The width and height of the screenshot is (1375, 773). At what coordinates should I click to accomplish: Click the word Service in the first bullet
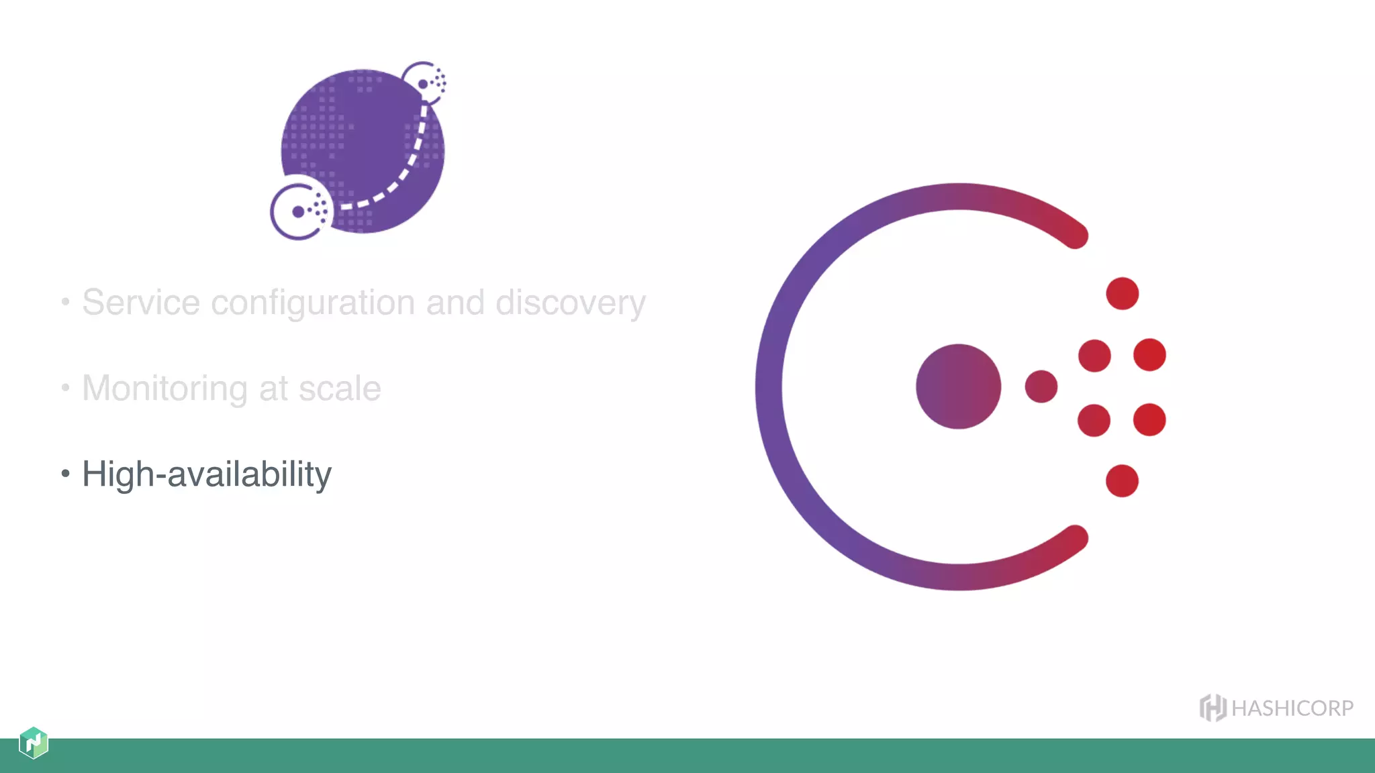[141, 303]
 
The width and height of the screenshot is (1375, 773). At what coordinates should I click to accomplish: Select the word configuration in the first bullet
[313, 303]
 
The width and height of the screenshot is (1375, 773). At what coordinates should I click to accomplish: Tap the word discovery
[570, 303]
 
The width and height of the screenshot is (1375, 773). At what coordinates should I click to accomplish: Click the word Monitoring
[164, 389]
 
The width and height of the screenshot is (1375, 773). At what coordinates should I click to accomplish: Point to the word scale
[340, 389]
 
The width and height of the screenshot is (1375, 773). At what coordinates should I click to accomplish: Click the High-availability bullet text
[207, 474]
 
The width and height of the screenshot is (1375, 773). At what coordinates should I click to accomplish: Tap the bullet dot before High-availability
[65, 474]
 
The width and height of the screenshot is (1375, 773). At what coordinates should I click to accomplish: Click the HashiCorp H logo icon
[1213, 708]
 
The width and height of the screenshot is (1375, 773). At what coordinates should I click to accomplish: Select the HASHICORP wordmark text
[1292, 709]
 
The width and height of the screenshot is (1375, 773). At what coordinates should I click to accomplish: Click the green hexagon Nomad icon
[34, 743]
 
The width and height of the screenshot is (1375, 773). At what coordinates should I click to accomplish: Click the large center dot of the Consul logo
[958, 386]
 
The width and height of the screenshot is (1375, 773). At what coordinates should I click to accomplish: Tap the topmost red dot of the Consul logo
[1122, 293]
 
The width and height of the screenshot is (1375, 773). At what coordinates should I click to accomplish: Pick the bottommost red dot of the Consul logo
[1122, 480]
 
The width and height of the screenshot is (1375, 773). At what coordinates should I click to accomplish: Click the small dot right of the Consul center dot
[1041, 386]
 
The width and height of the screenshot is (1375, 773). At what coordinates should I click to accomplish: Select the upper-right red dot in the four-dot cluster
[1149, 355]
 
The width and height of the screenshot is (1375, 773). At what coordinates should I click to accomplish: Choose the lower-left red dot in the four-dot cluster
[1094, 420]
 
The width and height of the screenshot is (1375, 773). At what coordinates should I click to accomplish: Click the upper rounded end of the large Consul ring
[1076, 236]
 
